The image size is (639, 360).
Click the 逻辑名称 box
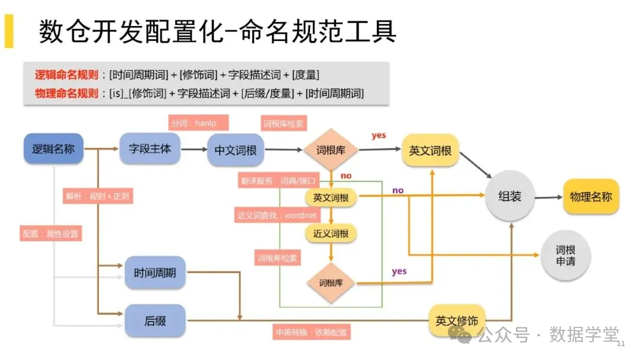[x=53, y=149]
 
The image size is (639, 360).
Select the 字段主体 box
[x=150, y=149]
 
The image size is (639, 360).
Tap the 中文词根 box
[x=235, y=150]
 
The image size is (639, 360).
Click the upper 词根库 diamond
[x=331, y=150]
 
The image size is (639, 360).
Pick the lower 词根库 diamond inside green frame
[x=331, y=282]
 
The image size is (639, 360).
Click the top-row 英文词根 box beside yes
[x=430, y=150]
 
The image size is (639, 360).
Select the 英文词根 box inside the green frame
[x=331, y=197]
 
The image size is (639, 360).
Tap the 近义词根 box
[x=331, y=233]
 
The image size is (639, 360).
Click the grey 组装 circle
[x=509, y=197]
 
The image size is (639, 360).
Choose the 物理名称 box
[x=590, y=197]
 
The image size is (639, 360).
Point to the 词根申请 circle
[x=565, y=255]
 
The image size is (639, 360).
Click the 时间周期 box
[x=155, y=273]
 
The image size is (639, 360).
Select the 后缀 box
[x=155, y=320]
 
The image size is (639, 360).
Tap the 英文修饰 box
[x=457, y=320]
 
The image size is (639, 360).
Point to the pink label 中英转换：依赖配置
[x=312, y=332]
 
